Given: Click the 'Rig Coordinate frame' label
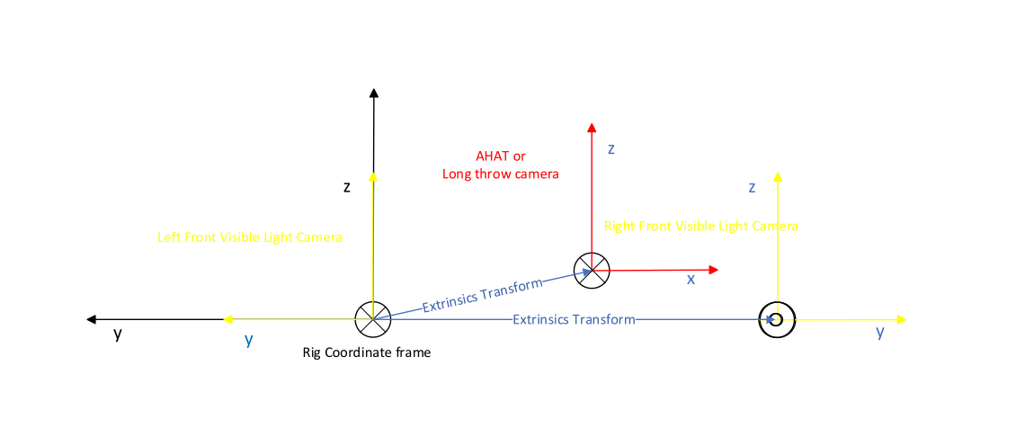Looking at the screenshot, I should pyautogui.click(x=367, y=352).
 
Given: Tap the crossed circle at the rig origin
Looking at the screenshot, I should pyautogui.click(x=373, y=319).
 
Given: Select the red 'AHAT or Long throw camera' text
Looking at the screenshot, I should pyautogui.click(x=501, y=165).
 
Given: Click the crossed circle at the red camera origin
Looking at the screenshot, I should pyautogui.click(x=592, y=270).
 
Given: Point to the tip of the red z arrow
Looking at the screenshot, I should pyautogui.click(x=591, y=127).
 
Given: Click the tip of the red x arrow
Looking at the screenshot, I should pyautogui.click(x=715, y=270).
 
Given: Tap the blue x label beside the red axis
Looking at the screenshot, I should pyautogui.click(x=691, y=280).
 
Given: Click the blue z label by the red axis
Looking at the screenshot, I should pyautogui.click(x=610, y=149).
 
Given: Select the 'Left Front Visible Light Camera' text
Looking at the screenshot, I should pyautogui.click(x=250, y=237).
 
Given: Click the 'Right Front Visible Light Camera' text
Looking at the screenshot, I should pyautogui.click(x=701, y=226).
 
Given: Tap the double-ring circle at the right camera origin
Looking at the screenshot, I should pyautogui.click(x=777, y=319).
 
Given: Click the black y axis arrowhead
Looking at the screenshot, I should pyautogui.click(x=91, y=319).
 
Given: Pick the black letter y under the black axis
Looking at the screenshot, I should pyautogui.click(x=118, y=334).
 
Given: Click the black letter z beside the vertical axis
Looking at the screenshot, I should pyautogui.click(x=347, y=187).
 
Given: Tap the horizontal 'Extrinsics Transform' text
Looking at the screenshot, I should pyautogui.click(x=574, y=319).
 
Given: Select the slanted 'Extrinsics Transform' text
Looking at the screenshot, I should pyautogui.click(x=482, y=295).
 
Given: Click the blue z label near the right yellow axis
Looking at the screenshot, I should pyautogui.click(x=752, y=187).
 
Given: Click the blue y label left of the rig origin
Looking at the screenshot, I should pyautogui.click(x=248, y=339).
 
